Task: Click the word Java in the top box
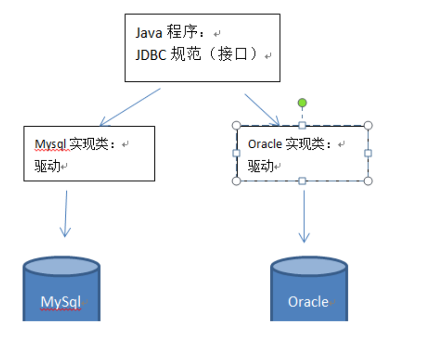click(x=149, y=33)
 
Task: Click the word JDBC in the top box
click(x=151, y=55)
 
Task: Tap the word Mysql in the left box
click(x=51, y=144)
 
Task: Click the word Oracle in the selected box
click(x=265, y=144)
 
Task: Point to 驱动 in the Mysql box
click(x=47, y=166)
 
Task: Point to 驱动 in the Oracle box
click(x=261, y=166)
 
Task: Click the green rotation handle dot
click(x=302, y=103)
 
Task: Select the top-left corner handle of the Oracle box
click(x=236, y=125)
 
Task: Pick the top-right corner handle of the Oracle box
click(x=368, y=125)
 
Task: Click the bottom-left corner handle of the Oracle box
click(x=236, y=181)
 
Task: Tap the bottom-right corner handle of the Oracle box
click(x=368, y=181)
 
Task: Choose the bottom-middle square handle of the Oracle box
click(x=302, y=181)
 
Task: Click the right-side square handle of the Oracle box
click(x=368, y=153)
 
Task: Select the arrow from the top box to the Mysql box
click(x=130, y=107)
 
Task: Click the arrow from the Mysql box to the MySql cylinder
click(x=65, y=213)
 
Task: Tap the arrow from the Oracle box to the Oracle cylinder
click(x=304, y=216)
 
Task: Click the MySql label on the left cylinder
click(x=61, y=302)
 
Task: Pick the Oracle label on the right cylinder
click(x=308, y=301)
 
